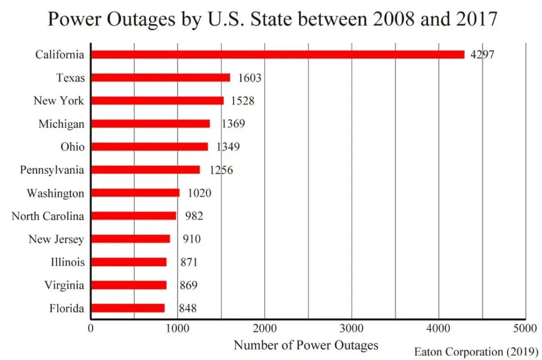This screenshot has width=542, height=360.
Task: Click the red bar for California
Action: click(x=278, y=55)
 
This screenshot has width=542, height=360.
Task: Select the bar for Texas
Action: click(x=161, y=78)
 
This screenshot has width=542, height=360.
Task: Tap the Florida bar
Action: click(x=128, y=308)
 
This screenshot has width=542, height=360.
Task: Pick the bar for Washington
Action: click(x=135, y=193)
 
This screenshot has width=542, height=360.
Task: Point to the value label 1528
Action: click(x=241, y=101)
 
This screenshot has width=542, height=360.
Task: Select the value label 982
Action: click(x=194, y=216)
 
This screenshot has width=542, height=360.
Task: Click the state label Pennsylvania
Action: click(x=52, y=170)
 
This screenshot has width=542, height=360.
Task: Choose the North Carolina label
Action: click(x=48, y=216)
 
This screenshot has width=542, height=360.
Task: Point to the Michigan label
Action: click(x=61, y=124)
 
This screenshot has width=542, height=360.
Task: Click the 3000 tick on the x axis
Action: click(x=352, y=328)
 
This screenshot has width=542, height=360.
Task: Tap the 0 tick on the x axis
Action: click(x=91, y=328)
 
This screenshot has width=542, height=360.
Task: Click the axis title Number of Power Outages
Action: click(x=306, y=346)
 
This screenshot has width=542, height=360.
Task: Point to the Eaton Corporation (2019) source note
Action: click(x=475, y=352)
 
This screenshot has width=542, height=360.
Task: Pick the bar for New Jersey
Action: click(x=131, y=239)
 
